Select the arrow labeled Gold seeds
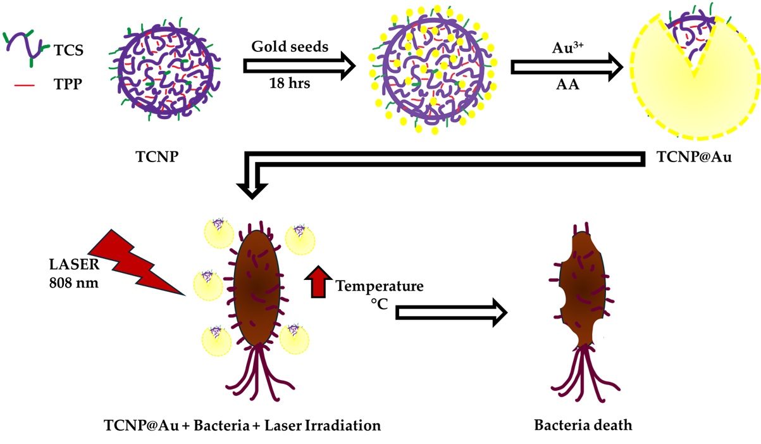click(297, 66)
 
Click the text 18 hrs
click(290, 84)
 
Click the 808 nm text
click(73, 282)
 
